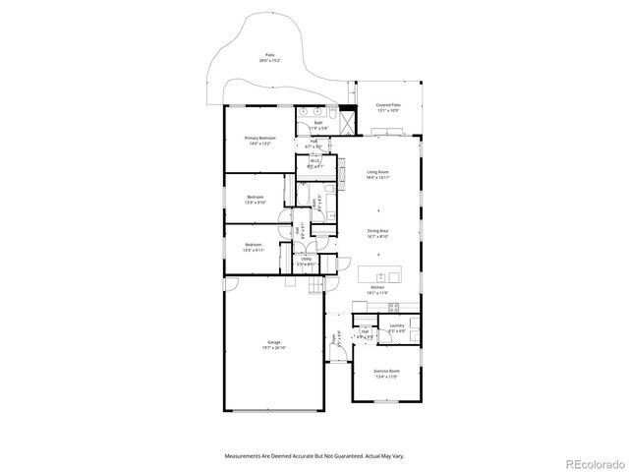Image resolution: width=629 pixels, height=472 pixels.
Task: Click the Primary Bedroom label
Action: point(259,141)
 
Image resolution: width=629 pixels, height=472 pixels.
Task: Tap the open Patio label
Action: point(269,58)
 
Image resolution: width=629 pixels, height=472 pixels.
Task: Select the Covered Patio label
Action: point(388,106)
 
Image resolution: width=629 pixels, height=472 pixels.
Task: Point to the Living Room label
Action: point(378,175)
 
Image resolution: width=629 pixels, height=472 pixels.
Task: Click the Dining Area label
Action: point(378,234)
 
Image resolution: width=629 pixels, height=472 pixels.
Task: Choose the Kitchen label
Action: point(377,290)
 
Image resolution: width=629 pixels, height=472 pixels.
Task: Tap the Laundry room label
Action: point(397,327)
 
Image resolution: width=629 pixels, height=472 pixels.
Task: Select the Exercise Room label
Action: point(384,374)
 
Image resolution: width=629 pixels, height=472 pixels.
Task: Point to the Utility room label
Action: point(306,262)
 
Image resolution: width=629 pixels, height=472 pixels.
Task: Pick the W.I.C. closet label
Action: point(314,166)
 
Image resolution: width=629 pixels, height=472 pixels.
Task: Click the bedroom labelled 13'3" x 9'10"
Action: point(255,200)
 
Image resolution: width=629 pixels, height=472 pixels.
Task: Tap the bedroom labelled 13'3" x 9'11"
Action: point(253,247)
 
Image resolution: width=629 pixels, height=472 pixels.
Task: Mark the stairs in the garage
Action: point(314,286)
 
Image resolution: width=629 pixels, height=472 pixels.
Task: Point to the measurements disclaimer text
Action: point(314,456)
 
